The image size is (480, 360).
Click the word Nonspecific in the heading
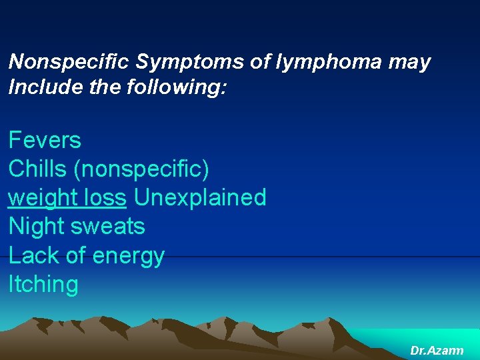pos(69,63)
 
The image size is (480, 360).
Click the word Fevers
pos(45,141)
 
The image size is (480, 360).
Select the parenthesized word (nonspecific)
pos(141,169)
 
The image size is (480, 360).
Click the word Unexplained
pos(200,197)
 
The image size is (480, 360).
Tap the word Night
pos(37,227)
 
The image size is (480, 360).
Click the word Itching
pos(43,285)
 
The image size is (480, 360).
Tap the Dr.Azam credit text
pos(437,350)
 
